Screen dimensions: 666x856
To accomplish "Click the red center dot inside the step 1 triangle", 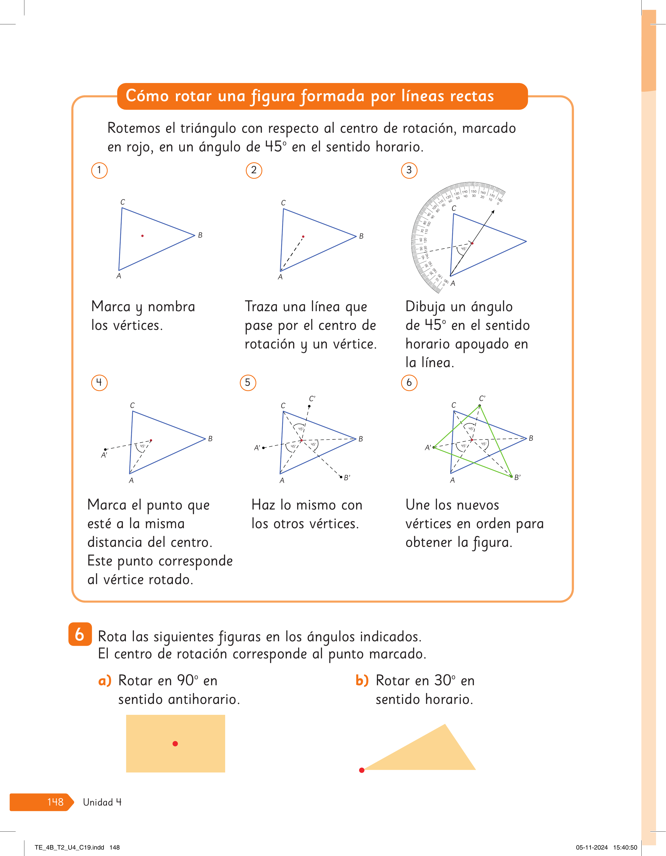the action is (142, 236).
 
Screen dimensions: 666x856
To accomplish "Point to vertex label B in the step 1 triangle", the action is (200, 235).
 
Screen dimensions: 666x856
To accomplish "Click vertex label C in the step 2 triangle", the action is (283, 203).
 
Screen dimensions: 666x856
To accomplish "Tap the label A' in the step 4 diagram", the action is (104, 455).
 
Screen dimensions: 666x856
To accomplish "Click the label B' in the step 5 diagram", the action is (347, 477).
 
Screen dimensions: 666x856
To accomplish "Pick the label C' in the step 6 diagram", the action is (482, 398).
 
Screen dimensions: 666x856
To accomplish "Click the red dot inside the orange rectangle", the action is (175, 743).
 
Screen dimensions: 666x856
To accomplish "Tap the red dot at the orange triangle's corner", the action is (362, 770).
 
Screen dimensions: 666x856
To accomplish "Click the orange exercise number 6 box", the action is (80, 634).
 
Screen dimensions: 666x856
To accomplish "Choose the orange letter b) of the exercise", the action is (362, 681).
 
